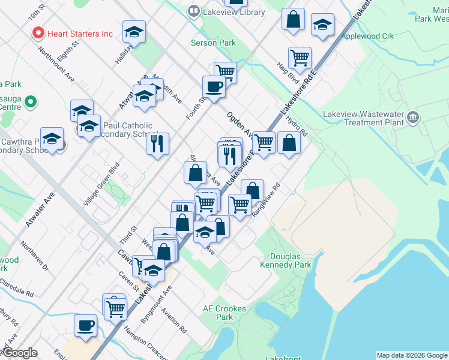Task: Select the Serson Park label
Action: click(213, 43)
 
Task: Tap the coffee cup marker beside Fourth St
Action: click(214, 86)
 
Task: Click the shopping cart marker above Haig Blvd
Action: click(299, 58)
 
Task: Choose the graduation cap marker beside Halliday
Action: click(134, 31)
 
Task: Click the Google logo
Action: click(19, 353)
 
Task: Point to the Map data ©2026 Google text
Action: click(412, 355)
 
